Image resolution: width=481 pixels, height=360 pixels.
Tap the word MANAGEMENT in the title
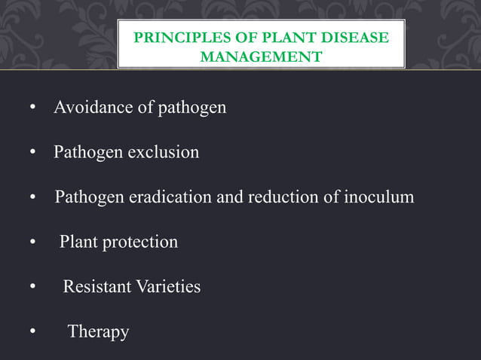(261, 56)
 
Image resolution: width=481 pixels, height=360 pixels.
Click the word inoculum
(379, 198)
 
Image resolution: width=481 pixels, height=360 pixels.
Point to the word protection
(142, 243)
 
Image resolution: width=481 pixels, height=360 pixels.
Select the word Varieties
(168, 287)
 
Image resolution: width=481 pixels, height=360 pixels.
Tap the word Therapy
(98, 332)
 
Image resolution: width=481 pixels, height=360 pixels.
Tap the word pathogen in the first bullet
(191, 108)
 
